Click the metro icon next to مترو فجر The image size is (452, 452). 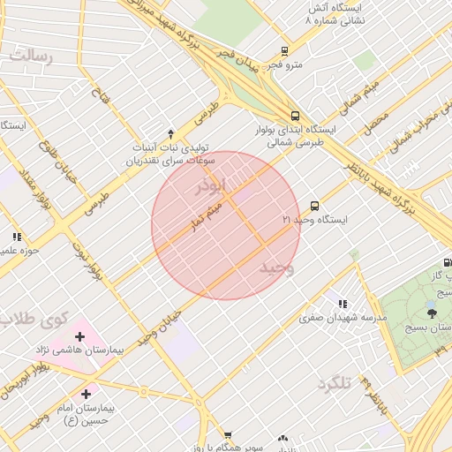(284, 50)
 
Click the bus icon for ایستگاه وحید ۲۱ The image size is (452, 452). (315, 205)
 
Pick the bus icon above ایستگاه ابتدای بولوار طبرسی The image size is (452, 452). (294, 115)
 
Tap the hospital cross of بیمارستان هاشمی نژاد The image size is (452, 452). (80, 336)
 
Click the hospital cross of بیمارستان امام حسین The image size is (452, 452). (86, 394)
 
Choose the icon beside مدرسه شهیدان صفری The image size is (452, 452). (342, 305)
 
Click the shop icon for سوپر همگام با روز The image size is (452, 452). (228, 436)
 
